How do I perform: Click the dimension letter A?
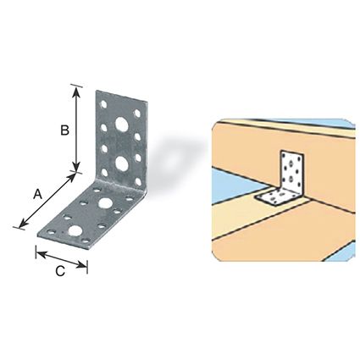(x=38, y=194)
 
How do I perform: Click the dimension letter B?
(x=65, y=130)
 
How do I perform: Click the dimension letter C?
(x=60, y=271)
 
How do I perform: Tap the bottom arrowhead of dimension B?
(x=76, y=166)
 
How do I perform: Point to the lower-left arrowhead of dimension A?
(x=23, y=223)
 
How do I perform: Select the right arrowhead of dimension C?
(x=82, y=264)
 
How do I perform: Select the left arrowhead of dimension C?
(x=42, y=254)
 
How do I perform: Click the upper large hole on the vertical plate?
(x=121, y=125)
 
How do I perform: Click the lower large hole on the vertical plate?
(x=121, y=163)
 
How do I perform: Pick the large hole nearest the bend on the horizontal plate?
(x=105, y=202)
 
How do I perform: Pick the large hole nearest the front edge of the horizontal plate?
(x=75, y=231)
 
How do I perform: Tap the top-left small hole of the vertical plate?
(x=103, y=105)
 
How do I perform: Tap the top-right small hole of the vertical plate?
(x=137, y=114)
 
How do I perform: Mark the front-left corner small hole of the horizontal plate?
(x=51, y=233)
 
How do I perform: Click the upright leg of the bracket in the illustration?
(x=291, y=171)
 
